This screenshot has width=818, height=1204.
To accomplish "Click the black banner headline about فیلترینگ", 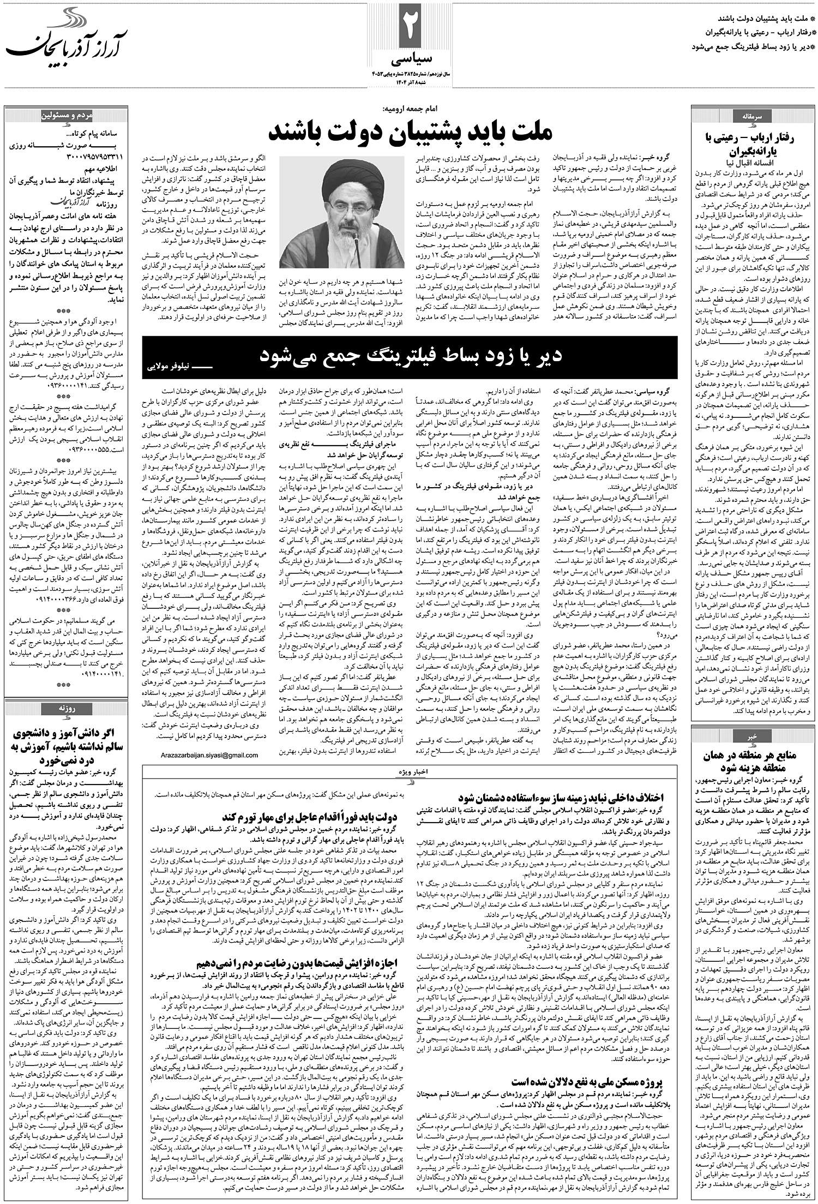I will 410,356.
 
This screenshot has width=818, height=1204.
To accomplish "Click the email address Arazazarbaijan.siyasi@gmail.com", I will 210,755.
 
